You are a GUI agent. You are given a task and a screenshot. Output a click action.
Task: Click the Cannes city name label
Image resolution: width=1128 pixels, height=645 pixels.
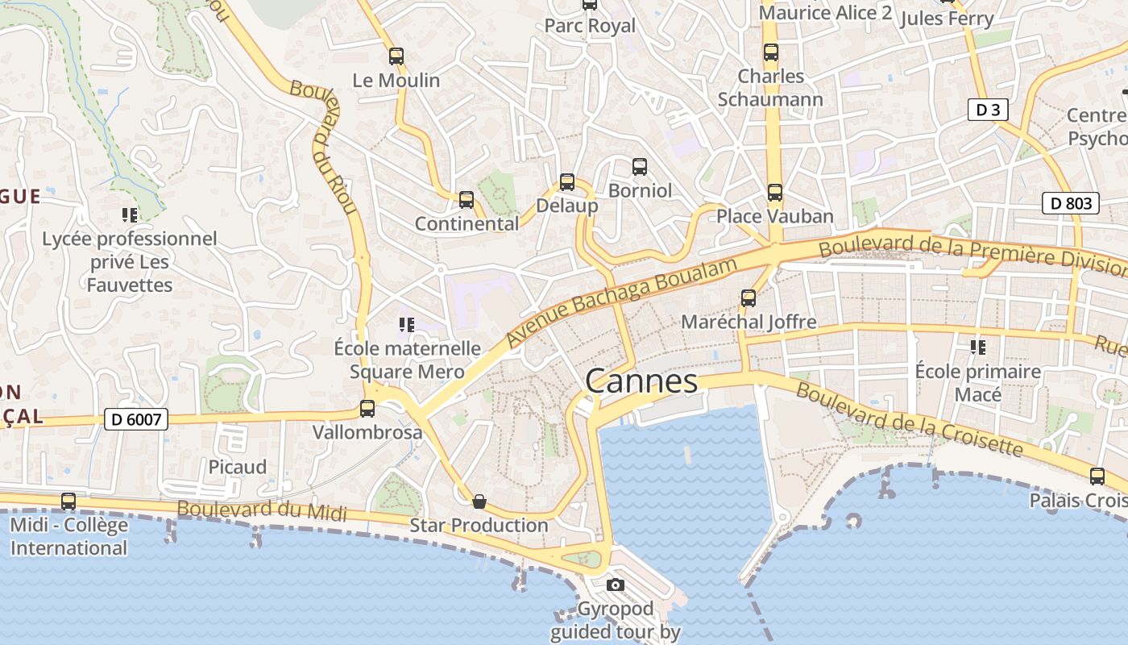pos(641,381)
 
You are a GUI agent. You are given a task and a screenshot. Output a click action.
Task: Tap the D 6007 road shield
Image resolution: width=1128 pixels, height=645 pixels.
pos(135,419)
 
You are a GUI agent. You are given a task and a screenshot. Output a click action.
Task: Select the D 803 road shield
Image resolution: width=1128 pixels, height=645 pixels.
pos(1071,203)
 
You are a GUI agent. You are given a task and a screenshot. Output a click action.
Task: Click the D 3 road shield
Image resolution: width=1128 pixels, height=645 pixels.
pos(988,110)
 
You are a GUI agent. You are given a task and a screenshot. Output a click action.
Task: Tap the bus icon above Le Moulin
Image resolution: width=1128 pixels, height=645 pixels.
pos(396,56)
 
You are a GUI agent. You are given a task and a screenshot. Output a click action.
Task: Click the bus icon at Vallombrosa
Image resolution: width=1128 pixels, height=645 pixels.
pos(367,408)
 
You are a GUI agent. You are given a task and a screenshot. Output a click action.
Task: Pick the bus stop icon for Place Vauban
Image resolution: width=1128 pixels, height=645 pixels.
pos(774,193)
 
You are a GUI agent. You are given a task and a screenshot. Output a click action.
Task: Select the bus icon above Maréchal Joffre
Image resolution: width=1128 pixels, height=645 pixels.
pos(748,298)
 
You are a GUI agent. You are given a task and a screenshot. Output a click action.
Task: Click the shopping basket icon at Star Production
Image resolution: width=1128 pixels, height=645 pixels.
pos(479,501)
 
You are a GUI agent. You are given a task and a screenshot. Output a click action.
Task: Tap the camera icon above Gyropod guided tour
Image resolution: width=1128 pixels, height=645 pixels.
pos(616,585)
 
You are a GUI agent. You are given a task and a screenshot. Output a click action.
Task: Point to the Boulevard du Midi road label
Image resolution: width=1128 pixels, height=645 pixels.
pos(262,510)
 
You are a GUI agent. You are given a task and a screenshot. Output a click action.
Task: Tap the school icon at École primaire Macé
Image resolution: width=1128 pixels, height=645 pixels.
pos(977,347)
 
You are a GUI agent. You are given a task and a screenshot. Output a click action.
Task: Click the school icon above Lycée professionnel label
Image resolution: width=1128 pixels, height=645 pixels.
pos(129,214)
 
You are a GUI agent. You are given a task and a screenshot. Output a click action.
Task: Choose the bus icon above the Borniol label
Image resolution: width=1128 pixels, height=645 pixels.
pos(639,167)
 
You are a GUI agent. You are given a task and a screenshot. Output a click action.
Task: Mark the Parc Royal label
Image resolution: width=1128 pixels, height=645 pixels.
pos(590,26)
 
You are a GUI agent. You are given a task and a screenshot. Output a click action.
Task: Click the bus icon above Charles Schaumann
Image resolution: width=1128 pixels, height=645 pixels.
pos(770,52)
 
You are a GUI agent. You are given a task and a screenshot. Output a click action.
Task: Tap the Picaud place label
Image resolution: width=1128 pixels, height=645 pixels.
pos(237,467)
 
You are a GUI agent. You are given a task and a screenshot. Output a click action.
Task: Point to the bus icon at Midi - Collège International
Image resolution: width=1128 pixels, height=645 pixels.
pos(68,501)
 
